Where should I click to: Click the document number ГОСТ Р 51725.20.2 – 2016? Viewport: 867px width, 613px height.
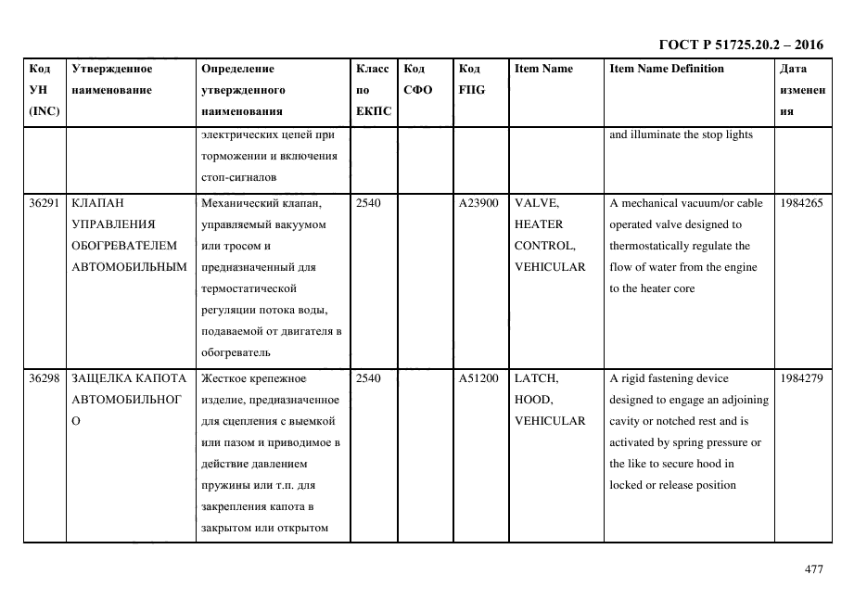coord(741,45)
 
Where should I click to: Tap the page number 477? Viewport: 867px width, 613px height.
coord(813,569)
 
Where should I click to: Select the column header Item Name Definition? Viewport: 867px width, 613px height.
coord(667,69)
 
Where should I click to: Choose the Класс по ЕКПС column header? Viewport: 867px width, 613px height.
coord(373,90)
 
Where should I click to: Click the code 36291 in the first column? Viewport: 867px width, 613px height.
coord(44,203)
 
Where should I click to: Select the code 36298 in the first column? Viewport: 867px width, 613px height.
coord(44,378)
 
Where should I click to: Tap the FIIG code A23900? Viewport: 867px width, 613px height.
coord(478,203)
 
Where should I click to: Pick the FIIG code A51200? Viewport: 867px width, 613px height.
coord(478,378)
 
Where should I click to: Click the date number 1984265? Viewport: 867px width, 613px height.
coord(801,203)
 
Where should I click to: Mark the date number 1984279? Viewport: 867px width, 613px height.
coord(801,378)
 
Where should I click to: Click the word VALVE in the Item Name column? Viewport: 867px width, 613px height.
coord(536,203)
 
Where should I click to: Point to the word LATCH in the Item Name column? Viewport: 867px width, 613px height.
coord(536,378)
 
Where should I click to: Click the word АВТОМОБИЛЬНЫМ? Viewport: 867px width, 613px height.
coord(129,267)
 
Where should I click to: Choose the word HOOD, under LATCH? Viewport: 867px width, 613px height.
coord(533,400)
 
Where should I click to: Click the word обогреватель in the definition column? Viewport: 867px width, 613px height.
coord(236,353)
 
